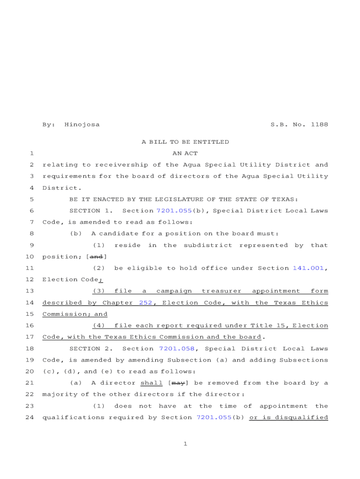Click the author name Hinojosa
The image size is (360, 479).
[82, 125]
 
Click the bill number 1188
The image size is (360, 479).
[319, 125]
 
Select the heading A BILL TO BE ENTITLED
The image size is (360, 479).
[185, 142]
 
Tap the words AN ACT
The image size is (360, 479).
[185, 153]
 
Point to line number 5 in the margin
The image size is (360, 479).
[31, 199]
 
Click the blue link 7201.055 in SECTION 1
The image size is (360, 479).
[174, 211]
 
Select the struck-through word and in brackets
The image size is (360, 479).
[97, 257]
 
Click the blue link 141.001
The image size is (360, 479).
[308, 268]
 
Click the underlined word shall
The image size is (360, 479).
[151, 383]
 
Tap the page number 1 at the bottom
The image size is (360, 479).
[185, 444]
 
